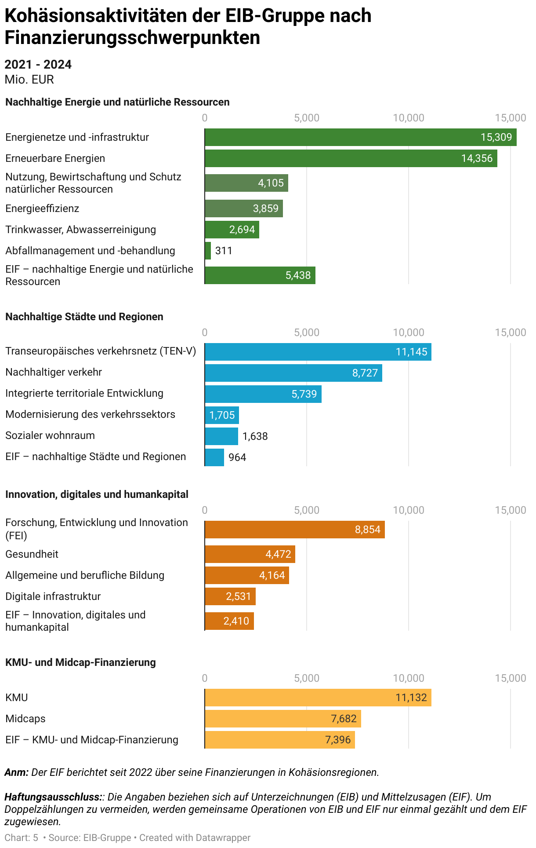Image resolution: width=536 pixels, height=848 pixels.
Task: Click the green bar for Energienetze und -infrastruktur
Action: (360, 137)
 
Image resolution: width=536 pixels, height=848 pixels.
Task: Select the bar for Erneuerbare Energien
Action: (351, 158)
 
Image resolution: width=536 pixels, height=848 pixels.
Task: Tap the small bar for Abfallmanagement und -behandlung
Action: (208, 251)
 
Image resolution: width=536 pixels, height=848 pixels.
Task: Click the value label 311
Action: (224, 251)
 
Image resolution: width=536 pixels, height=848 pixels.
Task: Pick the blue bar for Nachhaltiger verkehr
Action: (293, 373)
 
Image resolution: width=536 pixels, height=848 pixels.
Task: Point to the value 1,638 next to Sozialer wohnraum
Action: (255, 436)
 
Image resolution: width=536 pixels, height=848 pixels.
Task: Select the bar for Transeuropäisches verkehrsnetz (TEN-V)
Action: (318, 352)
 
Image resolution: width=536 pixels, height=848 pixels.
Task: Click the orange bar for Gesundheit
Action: (250, 554)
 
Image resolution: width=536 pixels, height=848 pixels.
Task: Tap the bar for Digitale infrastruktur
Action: (230, 596)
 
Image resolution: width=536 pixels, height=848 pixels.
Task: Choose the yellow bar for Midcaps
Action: (282, 719)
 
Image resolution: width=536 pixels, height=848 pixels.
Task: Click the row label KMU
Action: (17, 698)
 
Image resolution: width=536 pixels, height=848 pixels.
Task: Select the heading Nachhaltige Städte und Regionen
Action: (84, 317)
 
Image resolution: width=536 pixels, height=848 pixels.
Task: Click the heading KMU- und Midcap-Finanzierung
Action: (80, 662)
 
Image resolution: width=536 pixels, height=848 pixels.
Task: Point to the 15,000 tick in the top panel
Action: (510, 118)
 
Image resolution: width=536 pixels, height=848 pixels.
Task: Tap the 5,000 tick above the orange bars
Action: (307, 510)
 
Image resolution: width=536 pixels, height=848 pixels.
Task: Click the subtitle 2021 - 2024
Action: (38, 65)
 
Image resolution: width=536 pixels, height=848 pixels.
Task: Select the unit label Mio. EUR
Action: (29, 80)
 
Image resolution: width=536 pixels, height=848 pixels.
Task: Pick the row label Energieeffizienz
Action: (42, 208)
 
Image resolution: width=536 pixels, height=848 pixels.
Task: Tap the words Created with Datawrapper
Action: (195, 838)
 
